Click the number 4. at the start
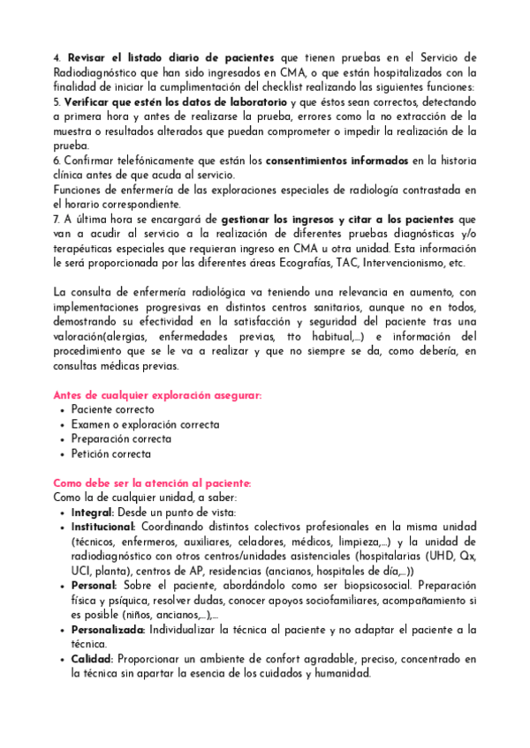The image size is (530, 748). coord(57,57)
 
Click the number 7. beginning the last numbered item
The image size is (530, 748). coord(57,219)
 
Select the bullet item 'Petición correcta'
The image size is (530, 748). coord(111,454)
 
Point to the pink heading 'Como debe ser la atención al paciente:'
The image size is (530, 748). coord(153,483)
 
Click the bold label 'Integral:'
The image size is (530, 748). coord(93,512)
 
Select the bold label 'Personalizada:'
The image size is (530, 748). coord(109,631)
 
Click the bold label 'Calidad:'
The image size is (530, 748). coord(92,660)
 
